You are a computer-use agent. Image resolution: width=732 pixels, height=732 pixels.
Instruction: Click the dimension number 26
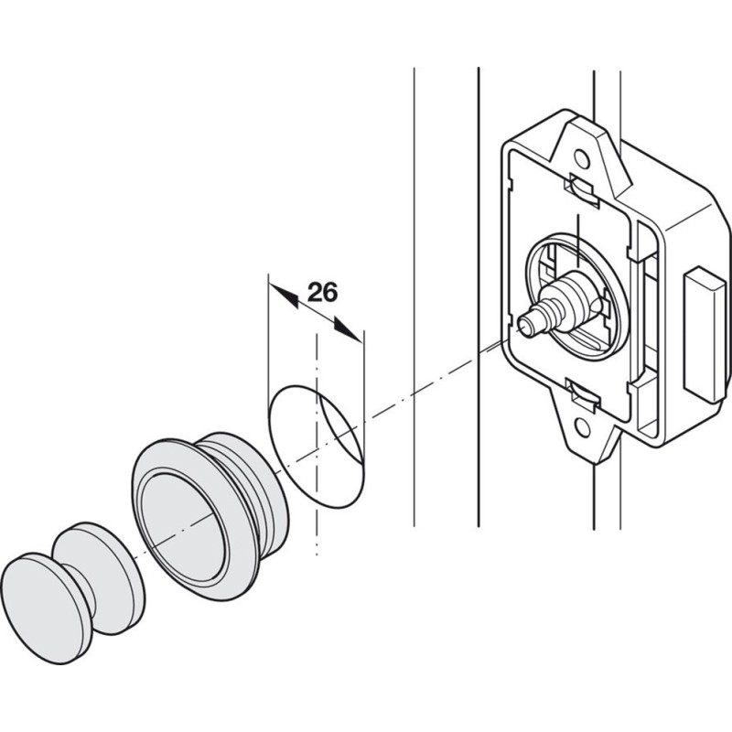coord(323,292)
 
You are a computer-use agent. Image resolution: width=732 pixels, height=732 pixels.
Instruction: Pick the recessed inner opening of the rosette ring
coord(183,522)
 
